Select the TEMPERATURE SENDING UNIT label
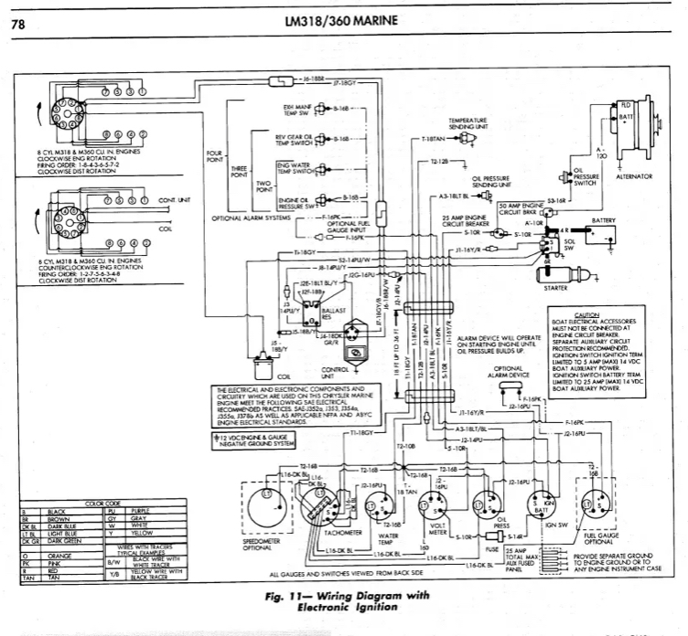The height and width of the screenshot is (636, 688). tap(467, 123)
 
